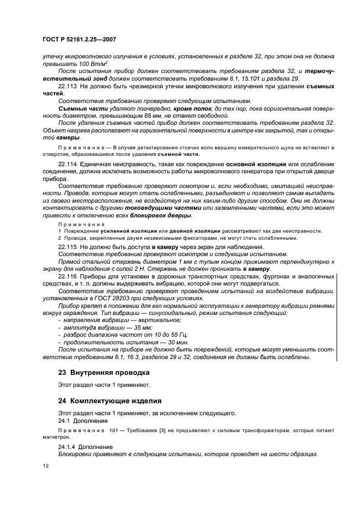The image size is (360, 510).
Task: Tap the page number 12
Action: tap(45, 465)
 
